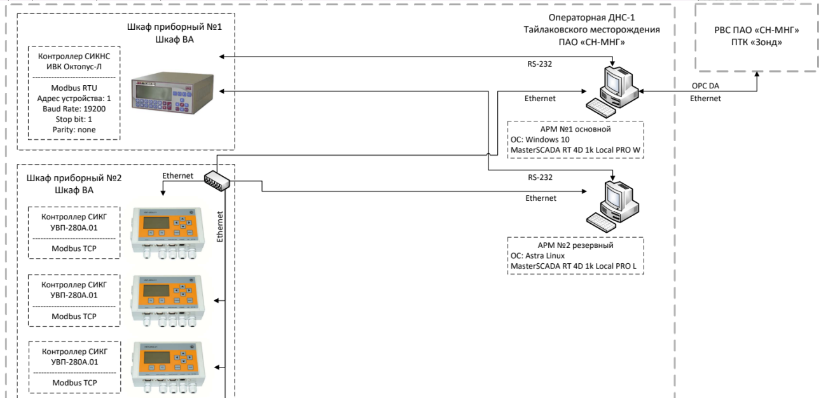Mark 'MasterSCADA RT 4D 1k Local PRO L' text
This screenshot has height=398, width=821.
pos(575,266)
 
